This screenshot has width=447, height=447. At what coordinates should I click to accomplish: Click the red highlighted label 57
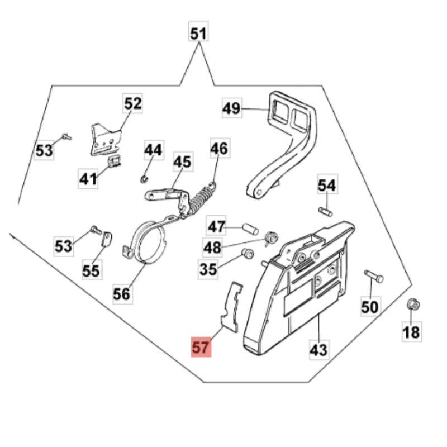201,348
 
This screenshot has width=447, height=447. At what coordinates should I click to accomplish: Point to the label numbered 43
318,350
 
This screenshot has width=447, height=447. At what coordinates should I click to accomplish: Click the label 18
411,333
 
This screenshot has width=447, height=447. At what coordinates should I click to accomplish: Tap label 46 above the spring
219,149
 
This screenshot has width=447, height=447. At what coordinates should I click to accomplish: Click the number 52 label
132,104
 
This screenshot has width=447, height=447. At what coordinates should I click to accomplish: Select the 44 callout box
153,150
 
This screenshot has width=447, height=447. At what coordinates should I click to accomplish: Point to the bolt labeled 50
373,275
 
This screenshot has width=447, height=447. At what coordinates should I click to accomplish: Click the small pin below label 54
325,211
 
